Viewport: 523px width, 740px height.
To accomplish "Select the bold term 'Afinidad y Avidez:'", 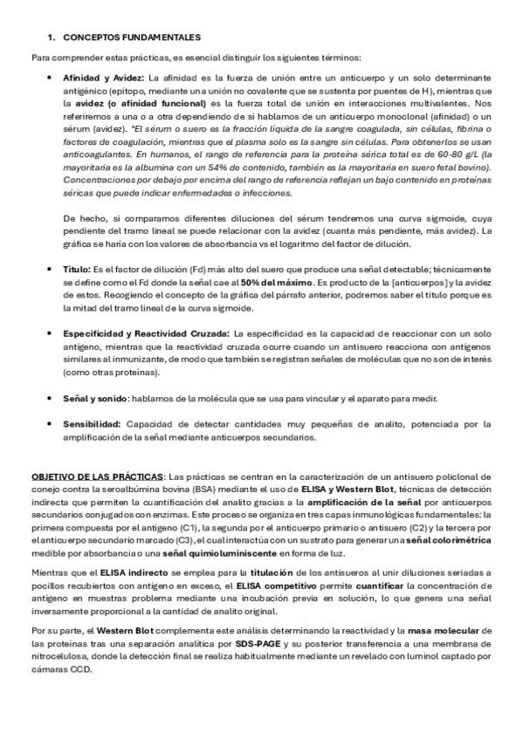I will pos(99,79).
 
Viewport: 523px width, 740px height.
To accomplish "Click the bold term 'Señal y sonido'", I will pos(95,399).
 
